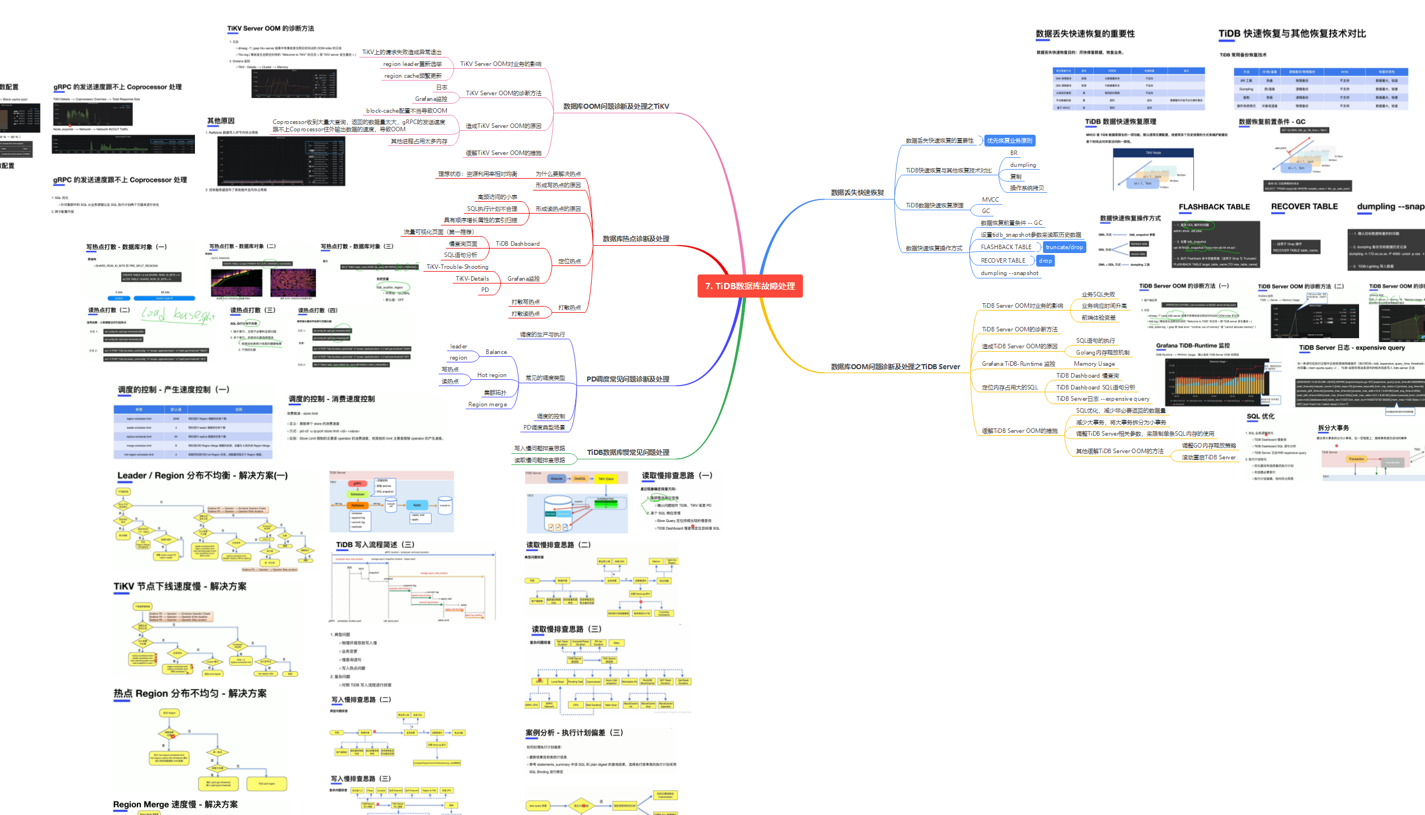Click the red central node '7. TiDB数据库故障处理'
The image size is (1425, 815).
(750, 286)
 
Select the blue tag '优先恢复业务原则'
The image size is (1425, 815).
(1009, 141)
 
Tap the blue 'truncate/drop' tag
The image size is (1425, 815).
(1064, 247)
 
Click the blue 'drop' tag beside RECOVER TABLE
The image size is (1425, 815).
(1045, 261)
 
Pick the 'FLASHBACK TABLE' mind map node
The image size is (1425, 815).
(1006, 247)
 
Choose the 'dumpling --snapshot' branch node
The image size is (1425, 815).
(1009, 273)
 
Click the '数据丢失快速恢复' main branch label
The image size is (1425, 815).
(857, 193)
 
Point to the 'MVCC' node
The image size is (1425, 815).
(990, 200)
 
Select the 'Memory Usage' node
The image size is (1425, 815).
(1094, 364)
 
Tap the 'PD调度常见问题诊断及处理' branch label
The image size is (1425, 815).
(628, 379)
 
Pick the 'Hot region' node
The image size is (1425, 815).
(491, 375)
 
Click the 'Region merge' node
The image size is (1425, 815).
(487, 405)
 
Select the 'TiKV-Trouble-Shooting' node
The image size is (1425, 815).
(457, 267)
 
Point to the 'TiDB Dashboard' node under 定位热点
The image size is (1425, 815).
(517, 244)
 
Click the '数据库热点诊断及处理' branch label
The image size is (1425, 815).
(636, 239)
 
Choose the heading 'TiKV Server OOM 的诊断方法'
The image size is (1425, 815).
(270, 29)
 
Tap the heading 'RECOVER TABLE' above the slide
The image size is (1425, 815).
(1304, 207)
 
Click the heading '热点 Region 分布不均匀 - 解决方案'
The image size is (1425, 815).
(189, 694)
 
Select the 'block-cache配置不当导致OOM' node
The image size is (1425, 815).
(406, 111)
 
